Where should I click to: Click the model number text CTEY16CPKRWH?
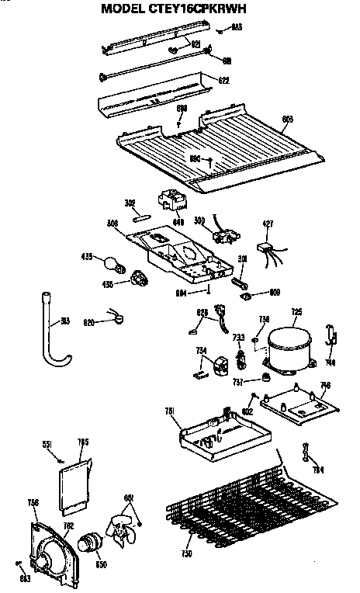click(x=205, y=11)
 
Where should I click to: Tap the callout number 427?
click(x=268, y=224)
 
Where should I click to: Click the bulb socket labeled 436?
click(x=139, y=278)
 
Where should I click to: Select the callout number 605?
click(x=286, y=119)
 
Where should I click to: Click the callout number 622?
click(x=223, y=80)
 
